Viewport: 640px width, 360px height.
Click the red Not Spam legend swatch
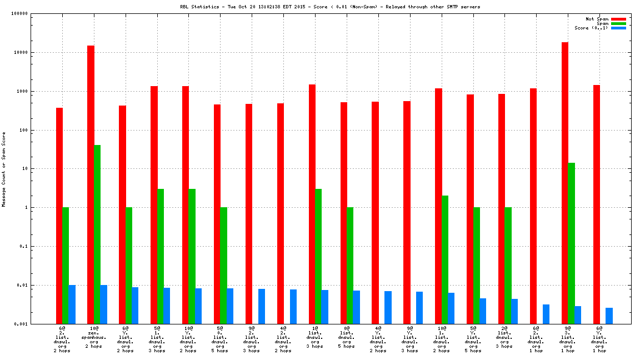tap(618, 19)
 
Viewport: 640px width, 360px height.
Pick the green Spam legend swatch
tap(618, 23)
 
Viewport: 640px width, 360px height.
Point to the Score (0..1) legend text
tap(591, 28)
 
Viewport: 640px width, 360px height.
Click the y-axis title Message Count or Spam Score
tap(4, 169)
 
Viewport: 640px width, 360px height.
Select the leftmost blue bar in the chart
tap(72, 304)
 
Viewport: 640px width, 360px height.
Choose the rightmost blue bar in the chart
tap(609, 316)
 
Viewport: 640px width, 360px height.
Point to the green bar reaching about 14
tap(571, 243)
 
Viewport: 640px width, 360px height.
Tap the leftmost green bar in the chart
tap(66, 266)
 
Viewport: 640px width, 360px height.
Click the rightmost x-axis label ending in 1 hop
tap(599, 339)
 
